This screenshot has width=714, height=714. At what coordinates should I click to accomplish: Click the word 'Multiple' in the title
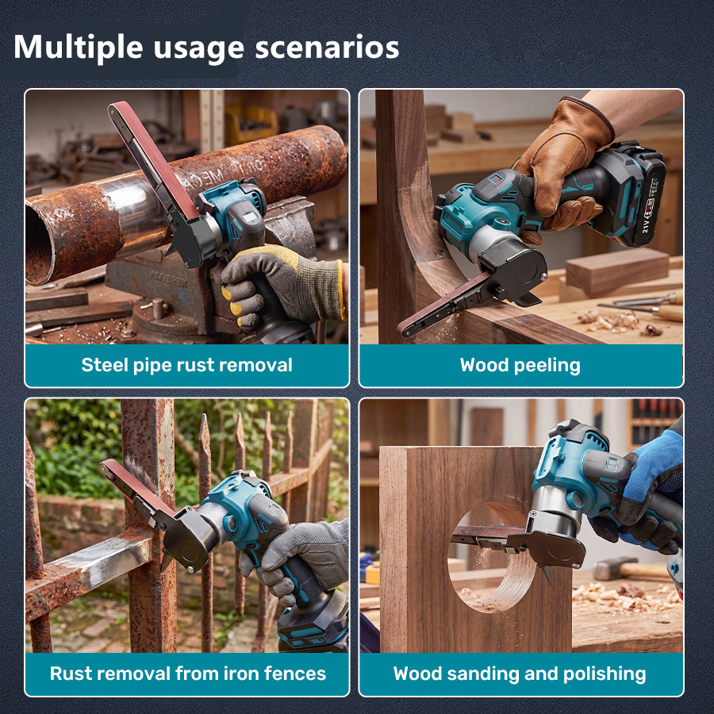pyautogui.click(x=79, y=48)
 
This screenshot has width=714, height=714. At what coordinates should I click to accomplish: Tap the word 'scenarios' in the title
pyautogui.click(x=327, y=48)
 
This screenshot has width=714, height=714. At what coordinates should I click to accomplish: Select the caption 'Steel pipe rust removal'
pyautogui.click(x=186, y=365)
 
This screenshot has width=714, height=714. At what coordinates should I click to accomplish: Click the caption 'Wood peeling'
pyautogui.click(x=520, y=365)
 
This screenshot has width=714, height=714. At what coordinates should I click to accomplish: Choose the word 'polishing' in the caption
pyautogui.click(x=605, y=674)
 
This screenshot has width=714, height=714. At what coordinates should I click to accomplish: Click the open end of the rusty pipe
pyautogui.click(x=39, y=244)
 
